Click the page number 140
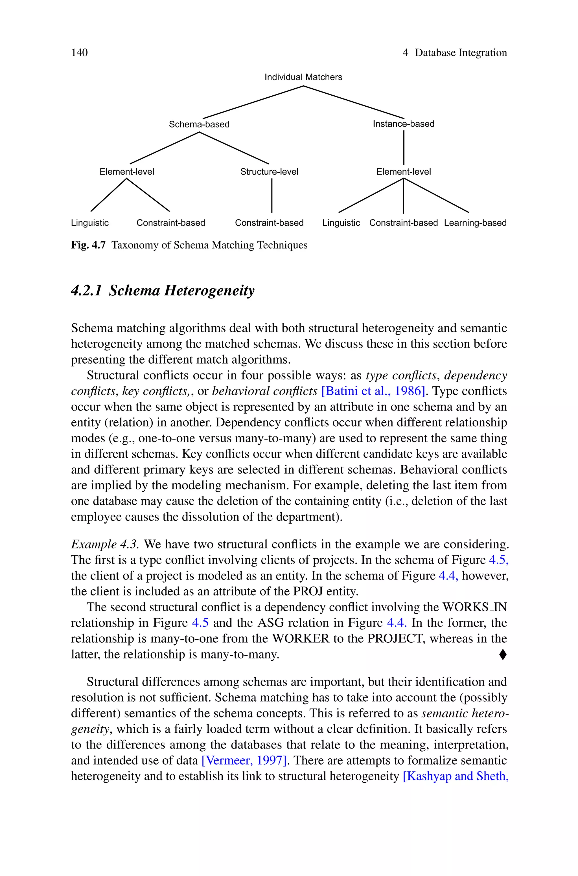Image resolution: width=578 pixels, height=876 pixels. (79, 53)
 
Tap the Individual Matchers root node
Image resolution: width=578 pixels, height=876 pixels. (303, 77)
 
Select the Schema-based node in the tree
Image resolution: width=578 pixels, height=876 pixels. (199, 124)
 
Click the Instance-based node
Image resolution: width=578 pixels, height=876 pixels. (403, 124)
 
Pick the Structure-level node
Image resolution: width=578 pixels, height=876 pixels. (269, 172)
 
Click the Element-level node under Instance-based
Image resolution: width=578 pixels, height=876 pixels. (403, 172)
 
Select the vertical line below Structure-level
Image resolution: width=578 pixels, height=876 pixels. (272, 196)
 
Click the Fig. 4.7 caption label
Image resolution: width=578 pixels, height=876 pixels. (88, 245)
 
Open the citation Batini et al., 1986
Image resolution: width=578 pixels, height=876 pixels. (373, 391)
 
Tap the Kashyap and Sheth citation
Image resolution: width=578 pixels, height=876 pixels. (456, 776)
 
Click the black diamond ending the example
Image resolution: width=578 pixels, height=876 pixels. (502, 655)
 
